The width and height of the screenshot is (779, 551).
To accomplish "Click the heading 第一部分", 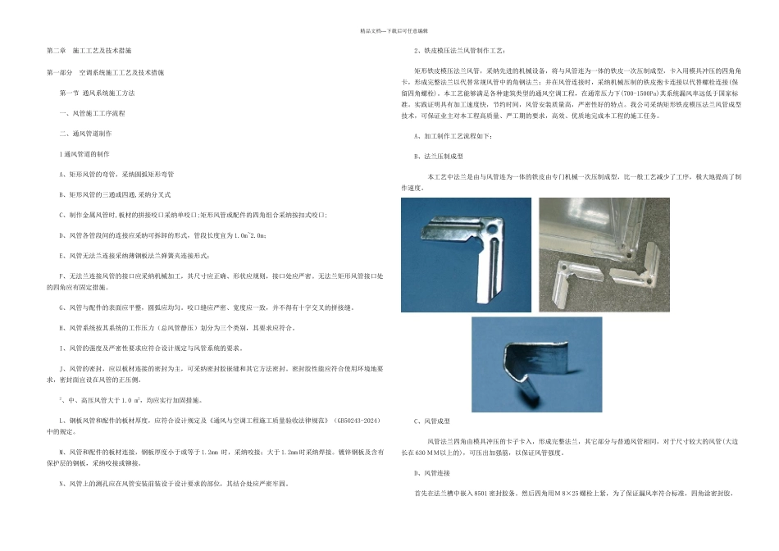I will tap(61, 73).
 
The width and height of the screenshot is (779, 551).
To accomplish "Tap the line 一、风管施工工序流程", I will tap(93, 112).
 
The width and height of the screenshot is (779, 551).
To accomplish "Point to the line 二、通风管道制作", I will tap(86, 133).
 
